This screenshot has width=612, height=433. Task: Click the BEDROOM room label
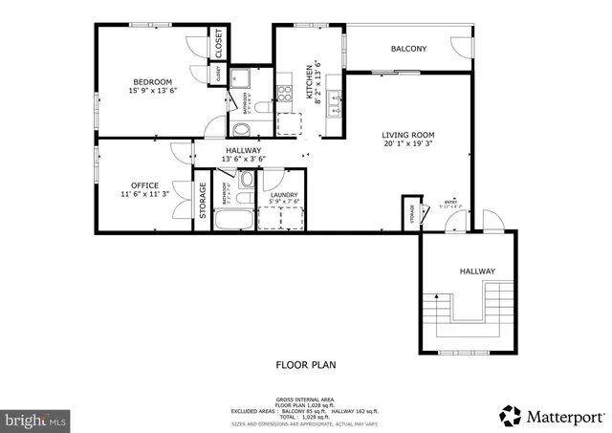pyautogui.click(x=153, y=80)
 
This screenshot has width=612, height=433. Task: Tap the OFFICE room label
pyautogui.click(x=145, y=184)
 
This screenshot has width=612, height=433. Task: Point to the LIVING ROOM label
pyautogui.click(x=408, y=135)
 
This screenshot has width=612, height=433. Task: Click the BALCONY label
pyautogui.click(x=408, y=49)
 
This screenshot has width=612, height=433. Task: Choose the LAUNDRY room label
pyautogui.click(x=284, y=194)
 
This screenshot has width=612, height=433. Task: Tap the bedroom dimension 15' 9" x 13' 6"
pyautogui.click(x=153, y=92)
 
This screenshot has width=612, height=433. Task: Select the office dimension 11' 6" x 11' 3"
pyautogui.click(x=145, y=195)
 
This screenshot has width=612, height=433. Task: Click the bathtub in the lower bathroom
pyautogui.click(x=232, y=220)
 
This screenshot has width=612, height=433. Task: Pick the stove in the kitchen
pyautogui.click(x=284, y=95)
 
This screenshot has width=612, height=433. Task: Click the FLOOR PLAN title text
pyautogui.click(x=305, y=364)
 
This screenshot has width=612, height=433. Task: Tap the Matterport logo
pyautogui.click(x=553, y=416)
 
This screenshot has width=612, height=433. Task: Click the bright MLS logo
pyautogui.click(x=36, y=419)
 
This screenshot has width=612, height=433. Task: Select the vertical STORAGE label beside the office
pyautogui.click(x=203, y=201)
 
